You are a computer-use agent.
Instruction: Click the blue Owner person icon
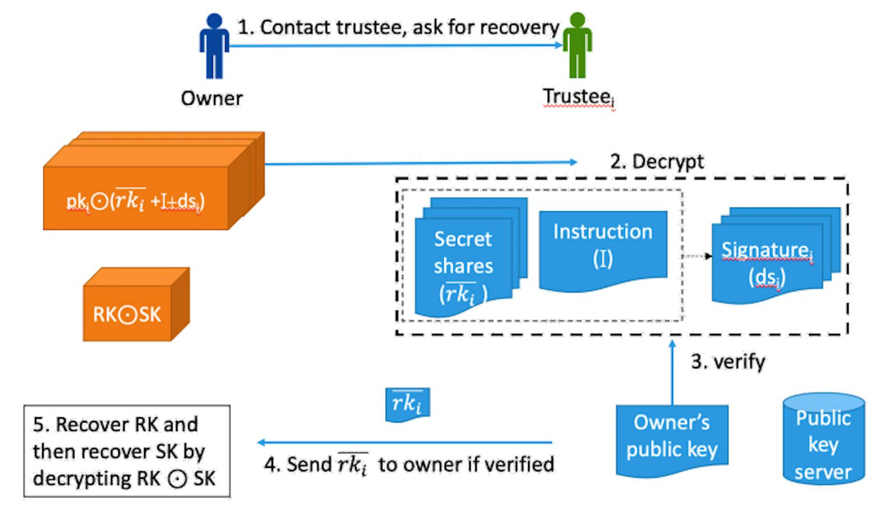214,46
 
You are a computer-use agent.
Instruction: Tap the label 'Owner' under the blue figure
212,98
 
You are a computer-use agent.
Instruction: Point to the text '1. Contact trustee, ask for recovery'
398,28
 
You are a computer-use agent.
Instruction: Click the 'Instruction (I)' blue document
602,248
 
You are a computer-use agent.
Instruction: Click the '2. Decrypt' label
657,161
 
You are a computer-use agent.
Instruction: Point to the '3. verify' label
728,362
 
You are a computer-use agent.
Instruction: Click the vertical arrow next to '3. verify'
672,371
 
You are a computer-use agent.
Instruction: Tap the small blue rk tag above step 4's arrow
407,404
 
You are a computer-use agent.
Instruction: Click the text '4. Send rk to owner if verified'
409,464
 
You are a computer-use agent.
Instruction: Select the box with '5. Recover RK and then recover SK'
127,451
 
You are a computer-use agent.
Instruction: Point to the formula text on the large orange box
136,201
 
